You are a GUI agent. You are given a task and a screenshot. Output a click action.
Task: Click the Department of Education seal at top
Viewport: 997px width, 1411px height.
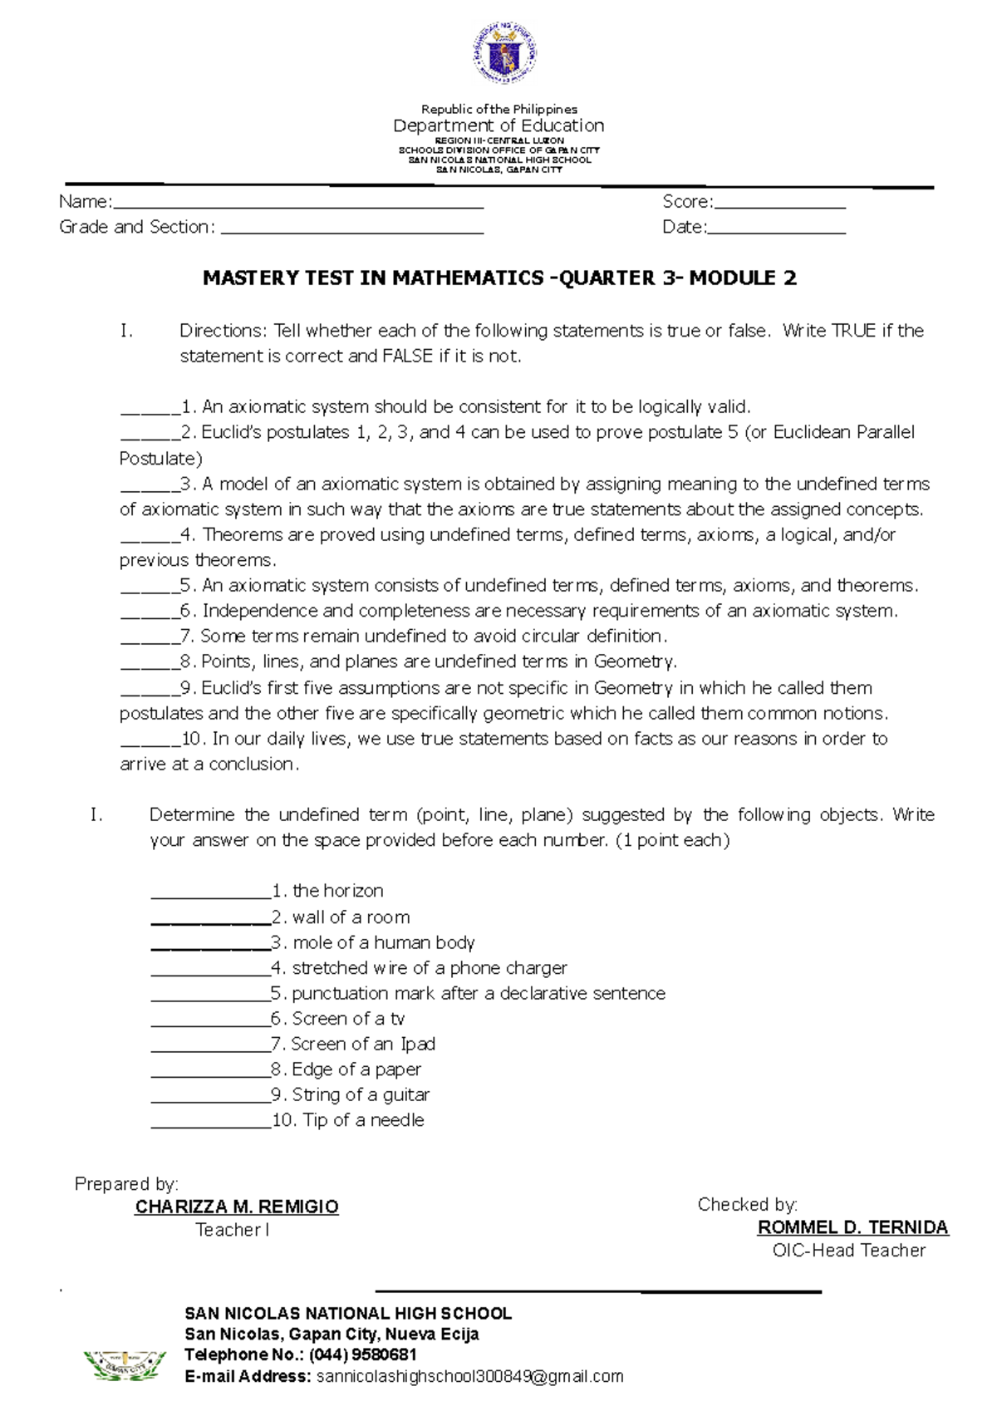pyautogui.click(x=504, y=54)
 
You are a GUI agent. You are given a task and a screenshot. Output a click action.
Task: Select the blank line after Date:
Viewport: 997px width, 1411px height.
pyautogui.click(x=776, y=230)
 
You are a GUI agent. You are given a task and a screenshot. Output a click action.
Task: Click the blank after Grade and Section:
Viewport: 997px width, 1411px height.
pyautogui.click(x=352, y=230)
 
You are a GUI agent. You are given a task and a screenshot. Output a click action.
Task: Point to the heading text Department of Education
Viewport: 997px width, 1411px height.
pyautogui.click(x=498, y=125)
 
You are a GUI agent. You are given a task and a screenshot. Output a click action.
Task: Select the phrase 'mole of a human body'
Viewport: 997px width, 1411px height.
pyautogui.click(x=383, y=942)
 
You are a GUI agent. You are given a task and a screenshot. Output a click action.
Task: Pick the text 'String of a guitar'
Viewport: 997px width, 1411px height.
pyautogui.click(x=361, y=1094)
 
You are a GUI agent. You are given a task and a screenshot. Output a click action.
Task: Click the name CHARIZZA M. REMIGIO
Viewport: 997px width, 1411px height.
pyautogui.click(x=237, y=1207)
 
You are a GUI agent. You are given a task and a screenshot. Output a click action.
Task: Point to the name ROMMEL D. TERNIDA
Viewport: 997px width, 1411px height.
pyautogui.click(x=852, y=1227)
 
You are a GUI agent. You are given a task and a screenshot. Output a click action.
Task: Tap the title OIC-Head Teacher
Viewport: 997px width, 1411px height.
pyautogui.click(x=848, y=1251)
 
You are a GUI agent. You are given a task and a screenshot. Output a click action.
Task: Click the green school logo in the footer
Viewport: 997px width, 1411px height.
pyautogui.click(x=125, y=1364)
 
